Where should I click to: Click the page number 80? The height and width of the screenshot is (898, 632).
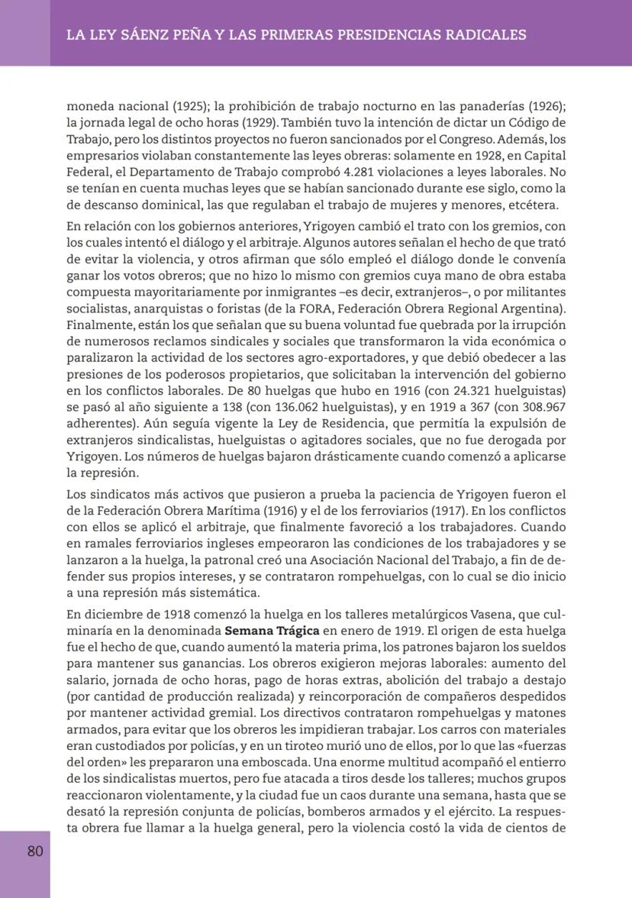35,851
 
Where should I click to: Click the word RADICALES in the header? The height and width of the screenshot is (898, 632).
479,34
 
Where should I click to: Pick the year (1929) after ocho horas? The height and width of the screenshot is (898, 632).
260,123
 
